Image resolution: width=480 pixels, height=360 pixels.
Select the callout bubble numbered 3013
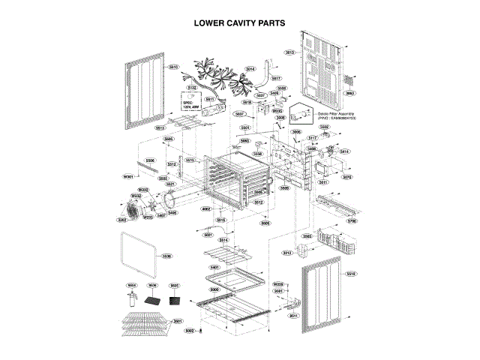point(289,52)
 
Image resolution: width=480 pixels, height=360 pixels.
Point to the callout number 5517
point(276,78)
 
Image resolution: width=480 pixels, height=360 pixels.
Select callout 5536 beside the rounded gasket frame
point(166,256)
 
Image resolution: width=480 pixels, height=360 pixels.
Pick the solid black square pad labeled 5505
point(175,301)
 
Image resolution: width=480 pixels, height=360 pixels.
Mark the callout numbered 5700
point(352,221)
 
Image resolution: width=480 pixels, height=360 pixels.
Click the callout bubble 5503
point(307,236)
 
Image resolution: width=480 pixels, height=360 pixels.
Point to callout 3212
point(287,253)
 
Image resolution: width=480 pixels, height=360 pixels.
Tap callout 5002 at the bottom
point(190,330)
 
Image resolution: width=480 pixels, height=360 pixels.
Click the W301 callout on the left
point(128,176)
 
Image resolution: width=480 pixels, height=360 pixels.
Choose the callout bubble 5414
point(344,151)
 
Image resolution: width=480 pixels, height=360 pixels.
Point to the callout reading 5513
point(160,128)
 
